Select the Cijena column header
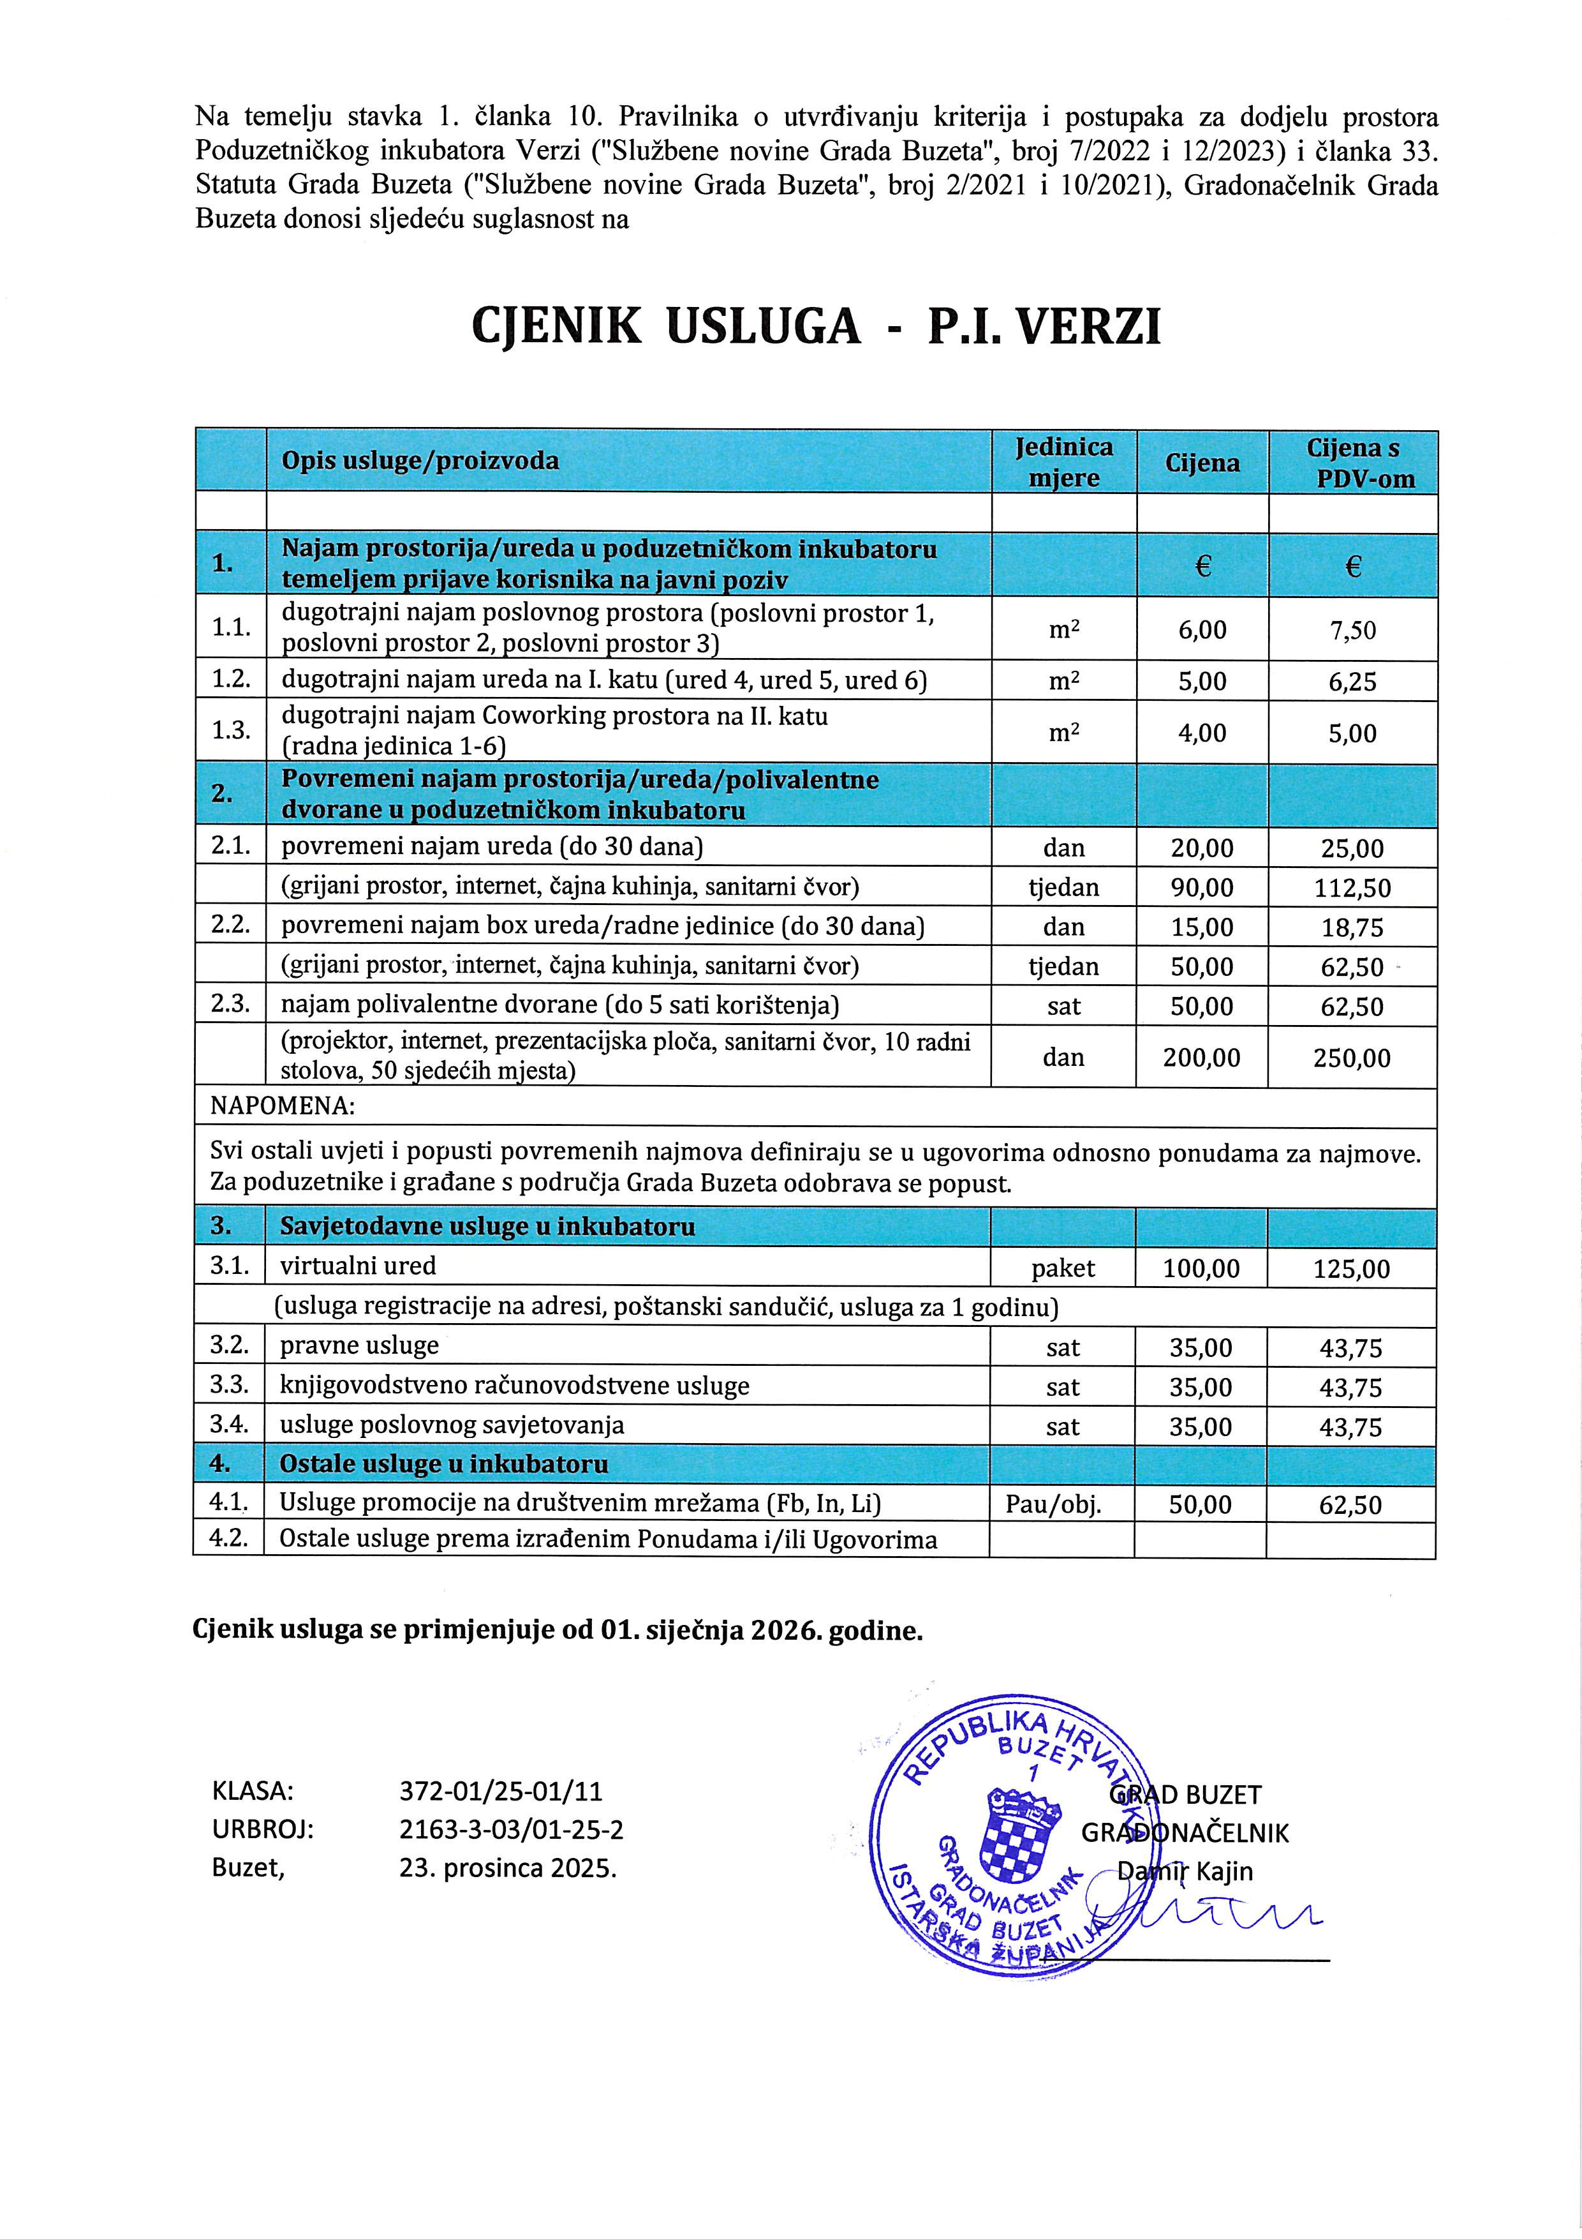pos(1202,463)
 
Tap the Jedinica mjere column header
pos(1063,462)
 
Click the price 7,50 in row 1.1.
pos(1352,630)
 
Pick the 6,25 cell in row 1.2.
pos(1352,680)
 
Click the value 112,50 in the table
pos(1352,887)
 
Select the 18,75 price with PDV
pos(1352,927)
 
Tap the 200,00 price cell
pos(1202,1057)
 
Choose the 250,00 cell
pos(1352,1057)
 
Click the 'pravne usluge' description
pos(359,1345)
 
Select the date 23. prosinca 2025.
pos(508,1868)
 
